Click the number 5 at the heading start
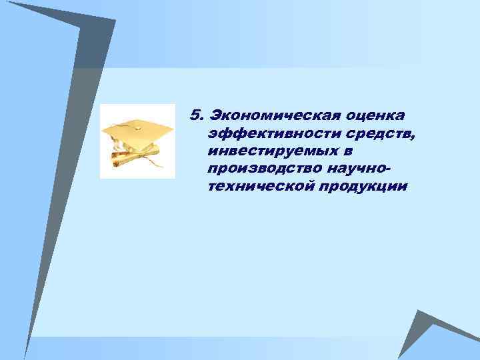point(194,115)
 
